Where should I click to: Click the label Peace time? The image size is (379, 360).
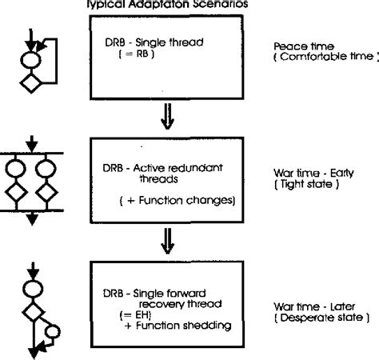(297, 46)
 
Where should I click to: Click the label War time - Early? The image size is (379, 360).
(309, 172)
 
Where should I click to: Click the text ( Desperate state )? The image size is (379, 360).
(315, 316)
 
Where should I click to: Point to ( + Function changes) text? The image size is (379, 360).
(175, 199)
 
